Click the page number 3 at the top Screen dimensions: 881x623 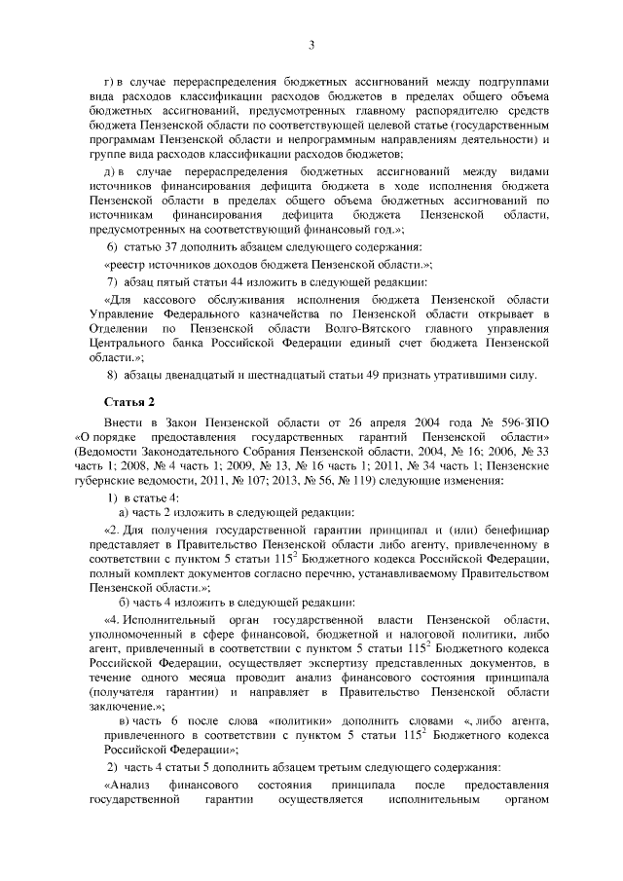pos(311,44)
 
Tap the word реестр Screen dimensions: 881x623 pos(132,265)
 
